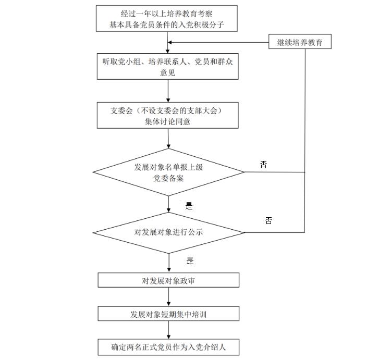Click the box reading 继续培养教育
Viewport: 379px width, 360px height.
[x=300, y=42]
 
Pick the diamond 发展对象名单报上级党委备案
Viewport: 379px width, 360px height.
[x=168, y=172]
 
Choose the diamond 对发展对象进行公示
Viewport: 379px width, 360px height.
[x=168, y=232]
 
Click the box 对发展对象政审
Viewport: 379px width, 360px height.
[x=168, y=280]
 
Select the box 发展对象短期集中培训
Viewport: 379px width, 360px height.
[x=168, y=314]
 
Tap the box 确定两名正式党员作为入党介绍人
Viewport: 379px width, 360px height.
[x=168, y=346]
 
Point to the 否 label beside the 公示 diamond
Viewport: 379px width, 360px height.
[x=268, y=221]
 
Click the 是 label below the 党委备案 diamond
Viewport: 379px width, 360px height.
[x=189, y=206]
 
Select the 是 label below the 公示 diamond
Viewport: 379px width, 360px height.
[x=190, y=261]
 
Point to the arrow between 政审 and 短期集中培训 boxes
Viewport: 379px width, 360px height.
[x=168, y=297]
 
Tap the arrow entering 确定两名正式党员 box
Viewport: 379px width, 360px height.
[x=168, y=330]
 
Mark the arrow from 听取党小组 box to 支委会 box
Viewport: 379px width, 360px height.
[x=168, y=91]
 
